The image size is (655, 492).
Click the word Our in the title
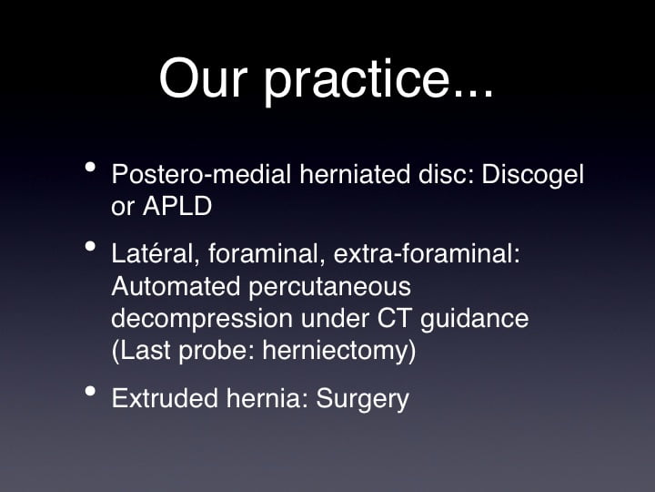(203, 78)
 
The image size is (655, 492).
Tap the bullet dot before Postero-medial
(90, 167)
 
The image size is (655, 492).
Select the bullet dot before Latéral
(90, 246)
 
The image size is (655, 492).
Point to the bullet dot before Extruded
(90, 391)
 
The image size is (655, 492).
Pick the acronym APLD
(177, 206)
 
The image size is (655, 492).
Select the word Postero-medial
(201, 174)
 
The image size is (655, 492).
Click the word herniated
(355, 174)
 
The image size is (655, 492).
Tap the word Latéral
(156, 253)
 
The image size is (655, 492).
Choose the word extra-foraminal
(427, 253)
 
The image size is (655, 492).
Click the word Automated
(176, 286)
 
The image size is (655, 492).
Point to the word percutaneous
(330, 288)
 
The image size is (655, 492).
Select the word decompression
(202, 320)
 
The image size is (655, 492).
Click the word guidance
(475, 320)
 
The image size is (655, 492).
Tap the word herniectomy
(339, 352)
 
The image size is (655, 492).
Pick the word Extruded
(165, 397)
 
